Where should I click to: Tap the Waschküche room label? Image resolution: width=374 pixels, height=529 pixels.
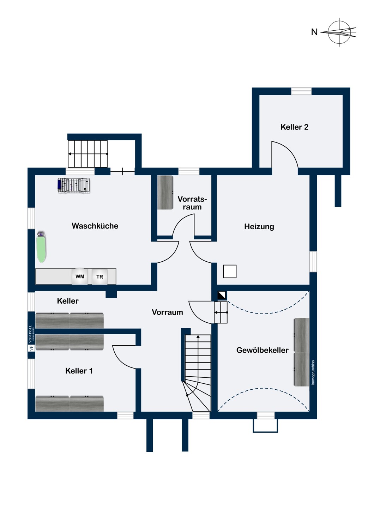click(95, 226)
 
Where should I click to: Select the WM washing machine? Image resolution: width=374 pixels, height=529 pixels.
click(80, 276)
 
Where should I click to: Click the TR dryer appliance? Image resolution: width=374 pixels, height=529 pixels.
click(100, 277)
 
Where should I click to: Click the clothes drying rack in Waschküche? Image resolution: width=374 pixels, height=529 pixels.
click(74, 185)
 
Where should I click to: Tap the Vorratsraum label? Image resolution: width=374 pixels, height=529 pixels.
click(192, 203)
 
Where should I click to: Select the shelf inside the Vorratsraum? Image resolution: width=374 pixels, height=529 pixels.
click(165, 193)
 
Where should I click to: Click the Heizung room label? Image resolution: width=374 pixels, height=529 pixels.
click(259, 227)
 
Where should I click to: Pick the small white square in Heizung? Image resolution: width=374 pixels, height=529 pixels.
click(230, 272)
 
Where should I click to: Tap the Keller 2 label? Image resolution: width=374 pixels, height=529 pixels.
click(294, 127)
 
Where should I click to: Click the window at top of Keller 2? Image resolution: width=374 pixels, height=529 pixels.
click(301, 91)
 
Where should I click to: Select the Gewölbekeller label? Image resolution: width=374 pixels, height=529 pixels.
click(262, 350)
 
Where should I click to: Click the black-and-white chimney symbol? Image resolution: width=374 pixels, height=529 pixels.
click(222, 295)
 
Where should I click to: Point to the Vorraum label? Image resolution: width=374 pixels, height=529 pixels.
click(167, 312)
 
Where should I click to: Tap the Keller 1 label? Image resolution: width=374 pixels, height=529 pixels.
click(79, 371)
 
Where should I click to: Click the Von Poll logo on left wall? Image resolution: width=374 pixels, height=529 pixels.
click(31, 338)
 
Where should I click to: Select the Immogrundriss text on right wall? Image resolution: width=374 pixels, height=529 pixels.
click(313, 372)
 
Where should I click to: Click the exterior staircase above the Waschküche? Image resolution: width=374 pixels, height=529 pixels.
click(88, 154)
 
